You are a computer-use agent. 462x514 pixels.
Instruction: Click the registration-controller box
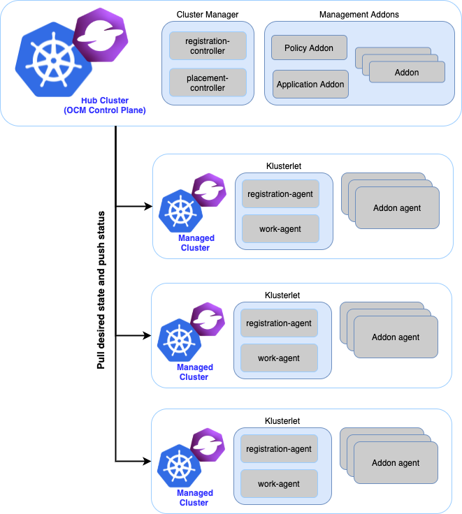pyautogui.click(x=208, y=46)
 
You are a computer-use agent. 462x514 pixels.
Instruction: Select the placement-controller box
pyautogui.click(x=208, y=83)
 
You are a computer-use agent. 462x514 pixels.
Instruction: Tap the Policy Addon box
pyautogui.click(x=308, y=48)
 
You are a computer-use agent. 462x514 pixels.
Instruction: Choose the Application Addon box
pyautogui.click(x=310, y=85)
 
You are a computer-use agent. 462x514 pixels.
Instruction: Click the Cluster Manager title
pyautogui.click(x=208, y=15)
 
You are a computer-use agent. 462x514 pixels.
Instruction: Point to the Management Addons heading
pyautogui.click(x=359, y=15)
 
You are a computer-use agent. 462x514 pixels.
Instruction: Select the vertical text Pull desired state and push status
pyautogui.click(x=101, y=289)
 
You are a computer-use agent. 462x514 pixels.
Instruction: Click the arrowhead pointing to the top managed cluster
pyautogui.click(x=148, y=206)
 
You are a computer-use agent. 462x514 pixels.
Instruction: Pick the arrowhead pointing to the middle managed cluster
pyautogui.click(x=148, y=335)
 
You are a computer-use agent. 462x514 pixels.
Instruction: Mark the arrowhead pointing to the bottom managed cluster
pyautogui.click(x=148, y=461)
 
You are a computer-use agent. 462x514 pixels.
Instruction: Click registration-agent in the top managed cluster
pyautogui.click(x=280, y=193)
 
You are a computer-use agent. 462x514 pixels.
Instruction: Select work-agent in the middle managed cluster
pyautogui.click(x=279, y=358)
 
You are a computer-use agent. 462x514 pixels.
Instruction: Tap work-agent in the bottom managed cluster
pyautogui.click(x=279, y=484)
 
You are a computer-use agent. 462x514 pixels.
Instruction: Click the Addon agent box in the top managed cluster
pyautogui.click(x=397, y=208)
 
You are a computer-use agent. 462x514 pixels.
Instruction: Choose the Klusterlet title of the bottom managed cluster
pyautogui.click(x=282, y=421)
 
